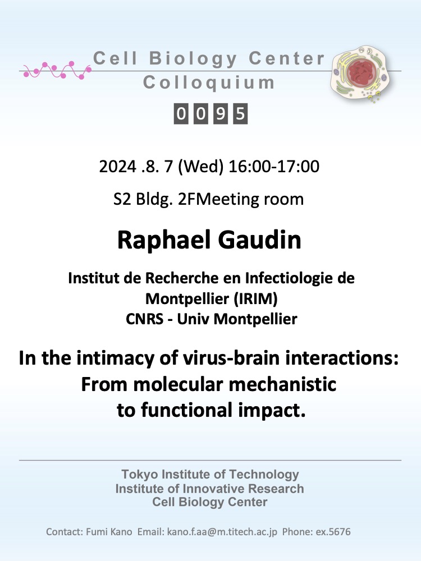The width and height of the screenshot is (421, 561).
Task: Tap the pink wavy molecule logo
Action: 57,70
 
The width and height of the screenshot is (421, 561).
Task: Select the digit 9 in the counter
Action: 221,114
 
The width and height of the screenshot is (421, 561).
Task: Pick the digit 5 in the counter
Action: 240,114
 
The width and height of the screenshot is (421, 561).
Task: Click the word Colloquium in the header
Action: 209,82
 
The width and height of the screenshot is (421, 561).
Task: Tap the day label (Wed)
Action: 200,167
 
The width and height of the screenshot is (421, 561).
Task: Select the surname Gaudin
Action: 259,240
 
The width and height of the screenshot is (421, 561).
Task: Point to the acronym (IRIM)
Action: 255,299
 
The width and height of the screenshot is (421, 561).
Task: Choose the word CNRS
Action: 145,319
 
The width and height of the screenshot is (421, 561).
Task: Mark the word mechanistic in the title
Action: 282,385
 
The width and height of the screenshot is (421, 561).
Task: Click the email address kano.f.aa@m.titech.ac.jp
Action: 222,532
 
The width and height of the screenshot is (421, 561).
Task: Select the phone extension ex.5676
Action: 333,532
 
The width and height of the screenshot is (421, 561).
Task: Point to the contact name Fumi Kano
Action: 109,532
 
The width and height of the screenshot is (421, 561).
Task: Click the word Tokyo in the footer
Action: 140,475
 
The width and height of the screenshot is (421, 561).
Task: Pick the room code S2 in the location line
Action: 122,199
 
